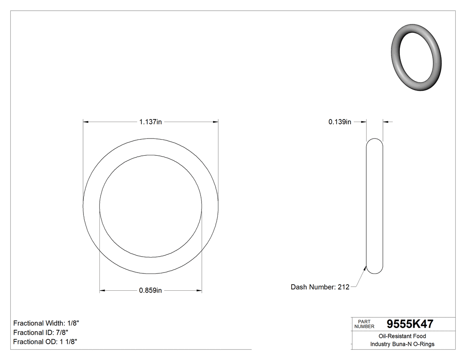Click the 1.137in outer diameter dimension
tap(150, 122)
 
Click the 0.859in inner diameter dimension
tap(150, 291)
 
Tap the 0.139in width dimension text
tap(340, 122)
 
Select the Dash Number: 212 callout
tap(320, 287)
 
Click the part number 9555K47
tap(410, 324)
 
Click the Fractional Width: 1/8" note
tap(47, 323)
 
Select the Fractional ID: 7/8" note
tap(41, 332)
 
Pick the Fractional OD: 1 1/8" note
tap(46, 342)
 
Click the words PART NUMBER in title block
tap(364, 324)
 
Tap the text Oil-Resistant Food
tap(402, 336)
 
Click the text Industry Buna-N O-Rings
tap(402, 344)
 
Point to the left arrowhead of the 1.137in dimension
tap(86, 122)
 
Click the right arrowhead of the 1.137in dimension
tap(216, 122)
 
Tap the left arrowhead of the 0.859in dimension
tap(102, 291)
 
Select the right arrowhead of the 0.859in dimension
tap(199, 291)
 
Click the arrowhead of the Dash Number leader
tap(365, 268)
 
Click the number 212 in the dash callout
tap(344, 287)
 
